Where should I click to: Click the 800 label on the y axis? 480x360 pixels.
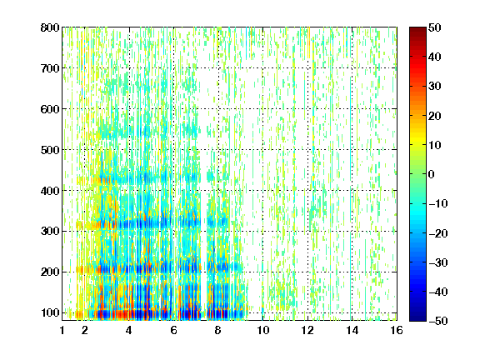[x=50, y=27]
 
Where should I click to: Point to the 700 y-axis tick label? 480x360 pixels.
[x=50, y=68]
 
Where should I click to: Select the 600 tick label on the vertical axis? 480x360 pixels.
[x=50, y=109]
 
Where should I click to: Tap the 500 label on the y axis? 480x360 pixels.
[x=50, y=150]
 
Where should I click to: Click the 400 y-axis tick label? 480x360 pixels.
[x=50, y=191]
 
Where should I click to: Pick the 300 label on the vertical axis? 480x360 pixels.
[x=50, y=232]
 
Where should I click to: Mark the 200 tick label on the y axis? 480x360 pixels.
[x=50, y=272]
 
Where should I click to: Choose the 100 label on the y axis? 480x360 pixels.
[x=50, y=312]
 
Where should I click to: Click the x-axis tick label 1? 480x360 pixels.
[x=62, y=330]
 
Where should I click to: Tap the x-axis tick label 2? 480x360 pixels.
[x=85, y=330]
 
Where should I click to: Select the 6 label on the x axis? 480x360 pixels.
[x=174, y=330]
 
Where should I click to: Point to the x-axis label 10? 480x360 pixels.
[x=263, y=330]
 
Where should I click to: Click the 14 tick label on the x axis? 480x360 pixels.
[x=352, y=330]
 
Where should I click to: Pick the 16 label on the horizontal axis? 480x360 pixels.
[x=397, y=330]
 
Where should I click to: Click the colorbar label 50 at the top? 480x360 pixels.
[x=434, y=27]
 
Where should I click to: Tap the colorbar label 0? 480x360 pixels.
[x=432, y=174]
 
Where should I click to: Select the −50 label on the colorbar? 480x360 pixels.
[x=438, y=321]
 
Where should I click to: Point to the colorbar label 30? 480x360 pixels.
[x=434, y=87]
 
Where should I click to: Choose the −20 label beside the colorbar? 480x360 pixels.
[x=438, y=233]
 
